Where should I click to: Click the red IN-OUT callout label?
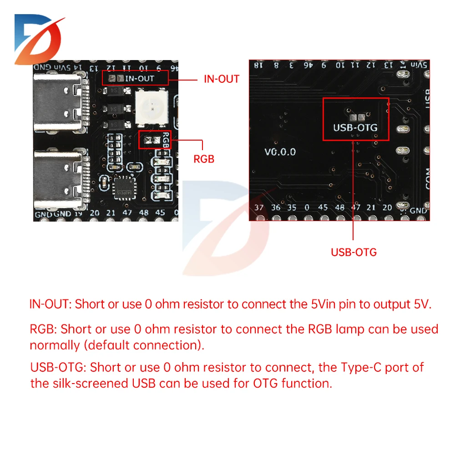point(221,79)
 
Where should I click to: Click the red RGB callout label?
point(203,160)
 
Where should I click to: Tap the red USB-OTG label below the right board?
point(354,252)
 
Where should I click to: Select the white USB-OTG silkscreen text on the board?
point(355,128)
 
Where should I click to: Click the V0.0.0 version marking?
point(280,152)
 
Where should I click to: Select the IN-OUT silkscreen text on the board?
point(140,78)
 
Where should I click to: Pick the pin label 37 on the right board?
point(259,207)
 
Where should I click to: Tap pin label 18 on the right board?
point(258,66)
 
